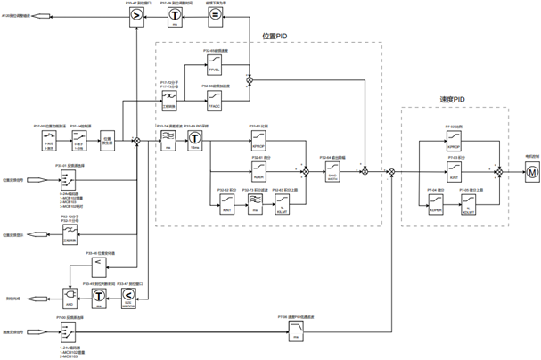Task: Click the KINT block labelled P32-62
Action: [228, 185]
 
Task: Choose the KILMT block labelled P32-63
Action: [284, 185]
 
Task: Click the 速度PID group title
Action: [454, 100]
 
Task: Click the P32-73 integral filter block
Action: [256, 185]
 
